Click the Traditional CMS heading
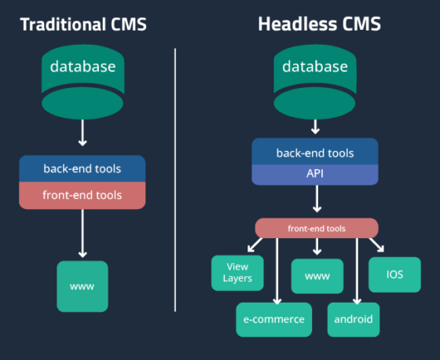[x=83, y=24]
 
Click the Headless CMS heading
[x=319, y=24]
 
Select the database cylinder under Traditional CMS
[x=82, y=82]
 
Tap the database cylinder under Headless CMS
[x=315, y=82]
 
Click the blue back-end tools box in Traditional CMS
[x=82, y=168]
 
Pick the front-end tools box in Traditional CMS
[x=82, y=196]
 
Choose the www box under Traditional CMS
[x=82, y=286]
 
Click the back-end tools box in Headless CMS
[x=315, y=152]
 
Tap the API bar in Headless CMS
[x=315, y=174]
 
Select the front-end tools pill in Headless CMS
[x=317, y=228]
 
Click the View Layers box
[x=237, y=273]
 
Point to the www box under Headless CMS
[x=317, y=277]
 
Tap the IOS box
[x=394, y=274]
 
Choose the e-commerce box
[x=274, y=320]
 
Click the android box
[x=354, y=320]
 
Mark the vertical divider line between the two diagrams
[x=175, y=180]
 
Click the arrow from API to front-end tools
[x=317, y=199]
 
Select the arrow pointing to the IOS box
[x=376, y=245]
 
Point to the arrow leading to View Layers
[x=255, y=245]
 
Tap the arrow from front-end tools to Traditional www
[x=82, y=233]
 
